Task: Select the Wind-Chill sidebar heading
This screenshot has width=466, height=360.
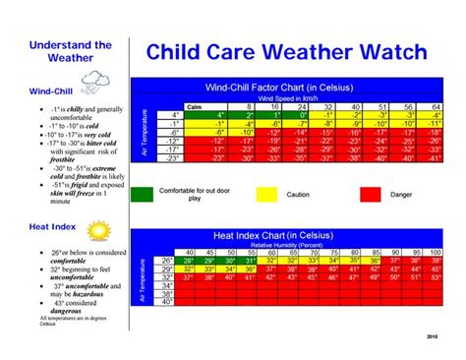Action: (50, 91)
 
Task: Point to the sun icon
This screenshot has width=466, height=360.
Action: (97, 231)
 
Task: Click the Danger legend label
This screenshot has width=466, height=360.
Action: (402, 195)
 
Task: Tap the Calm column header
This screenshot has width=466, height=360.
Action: (195, 105)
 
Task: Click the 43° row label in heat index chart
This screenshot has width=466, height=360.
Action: (166, 304)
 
